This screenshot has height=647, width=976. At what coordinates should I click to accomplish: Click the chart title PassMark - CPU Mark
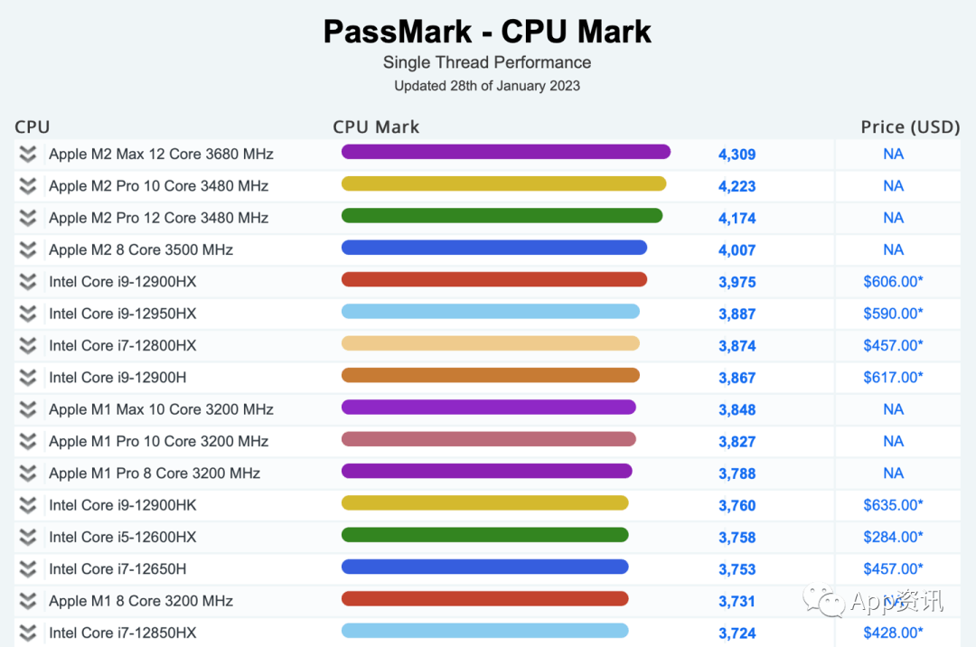point(487,32)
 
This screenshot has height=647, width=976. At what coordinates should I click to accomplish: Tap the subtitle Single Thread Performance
point(487,62)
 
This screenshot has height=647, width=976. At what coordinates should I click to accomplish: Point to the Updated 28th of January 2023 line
point(487,86)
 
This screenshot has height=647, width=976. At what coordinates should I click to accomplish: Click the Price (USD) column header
point(910,127)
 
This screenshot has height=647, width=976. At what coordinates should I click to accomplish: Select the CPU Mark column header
point(376,127)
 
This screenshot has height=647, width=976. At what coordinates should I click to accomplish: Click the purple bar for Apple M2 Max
point(506,152)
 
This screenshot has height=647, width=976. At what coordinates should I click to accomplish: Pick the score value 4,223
point(737,186)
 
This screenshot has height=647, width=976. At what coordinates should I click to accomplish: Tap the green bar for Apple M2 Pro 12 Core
point(502,216)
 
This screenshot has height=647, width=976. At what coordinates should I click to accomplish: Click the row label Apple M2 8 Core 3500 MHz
point(141,249)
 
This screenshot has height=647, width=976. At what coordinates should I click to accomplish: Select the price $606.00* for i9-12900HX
point(893,281)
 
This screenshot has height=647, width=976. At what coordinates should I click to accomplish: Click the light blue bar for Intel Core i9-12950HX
point(491,311)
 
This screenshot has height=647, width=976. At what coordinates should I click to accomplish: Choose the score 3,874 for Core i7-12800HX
point(737,346)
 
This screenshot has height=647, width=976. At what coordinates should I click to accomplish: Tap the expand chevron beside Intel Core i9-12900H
point(28,377)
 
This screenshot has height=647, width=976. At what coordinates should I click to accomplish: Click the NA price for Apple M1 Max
point(893,409)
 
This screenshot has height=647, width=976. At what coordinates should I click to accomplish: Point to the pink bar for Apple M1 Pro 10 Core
point(489,439)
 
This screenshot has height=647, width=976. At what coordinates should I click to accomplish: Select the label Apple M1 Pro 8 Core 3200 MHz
point(155,474)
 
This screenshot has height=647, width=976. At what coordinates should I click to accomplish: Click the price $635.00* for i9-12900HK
point(893,504)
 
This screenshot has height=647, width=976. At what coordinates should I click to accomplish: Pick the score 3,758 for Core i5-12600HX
point(737,538)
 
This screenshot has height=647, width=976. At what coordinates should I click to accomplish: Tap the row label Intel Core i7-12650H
point(117,568)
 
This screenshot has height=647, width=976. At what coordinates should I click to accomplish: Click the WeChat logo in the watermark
point(823,600)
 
